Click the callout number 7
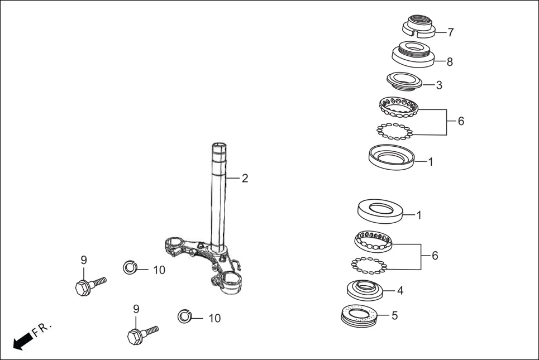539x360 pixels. point(450,32)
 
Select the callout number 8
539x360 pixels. point(450,62)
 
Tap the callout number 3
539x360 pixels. point(439,85)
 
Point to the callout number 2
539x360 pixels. point(245,179)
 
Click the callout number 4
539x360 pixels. point(400,291)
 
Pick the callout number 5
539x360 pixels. point(394,315)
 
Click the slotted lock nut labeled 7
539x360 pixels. point(419,26)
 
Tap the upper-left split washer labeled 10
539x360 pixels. point(130,268)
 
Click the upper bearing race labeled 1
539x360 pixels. point(392,156)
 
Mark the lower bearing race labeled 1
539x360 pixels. point(381,211)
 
